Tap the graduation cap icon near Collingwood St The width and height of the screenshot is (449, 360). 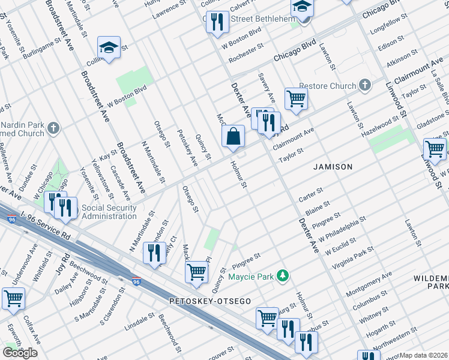pos(109,47)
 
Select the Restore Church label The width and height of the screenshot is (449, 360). pos(327,86)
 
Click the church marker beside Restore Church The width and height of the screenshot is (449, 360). pos(364,86)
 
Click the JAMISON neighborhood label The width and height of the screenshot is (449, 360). pos(333,166)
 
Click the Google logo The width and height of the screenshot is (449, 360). pos(20,353)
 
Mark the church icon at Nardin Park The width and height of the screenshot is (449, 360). pos(53,128)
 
